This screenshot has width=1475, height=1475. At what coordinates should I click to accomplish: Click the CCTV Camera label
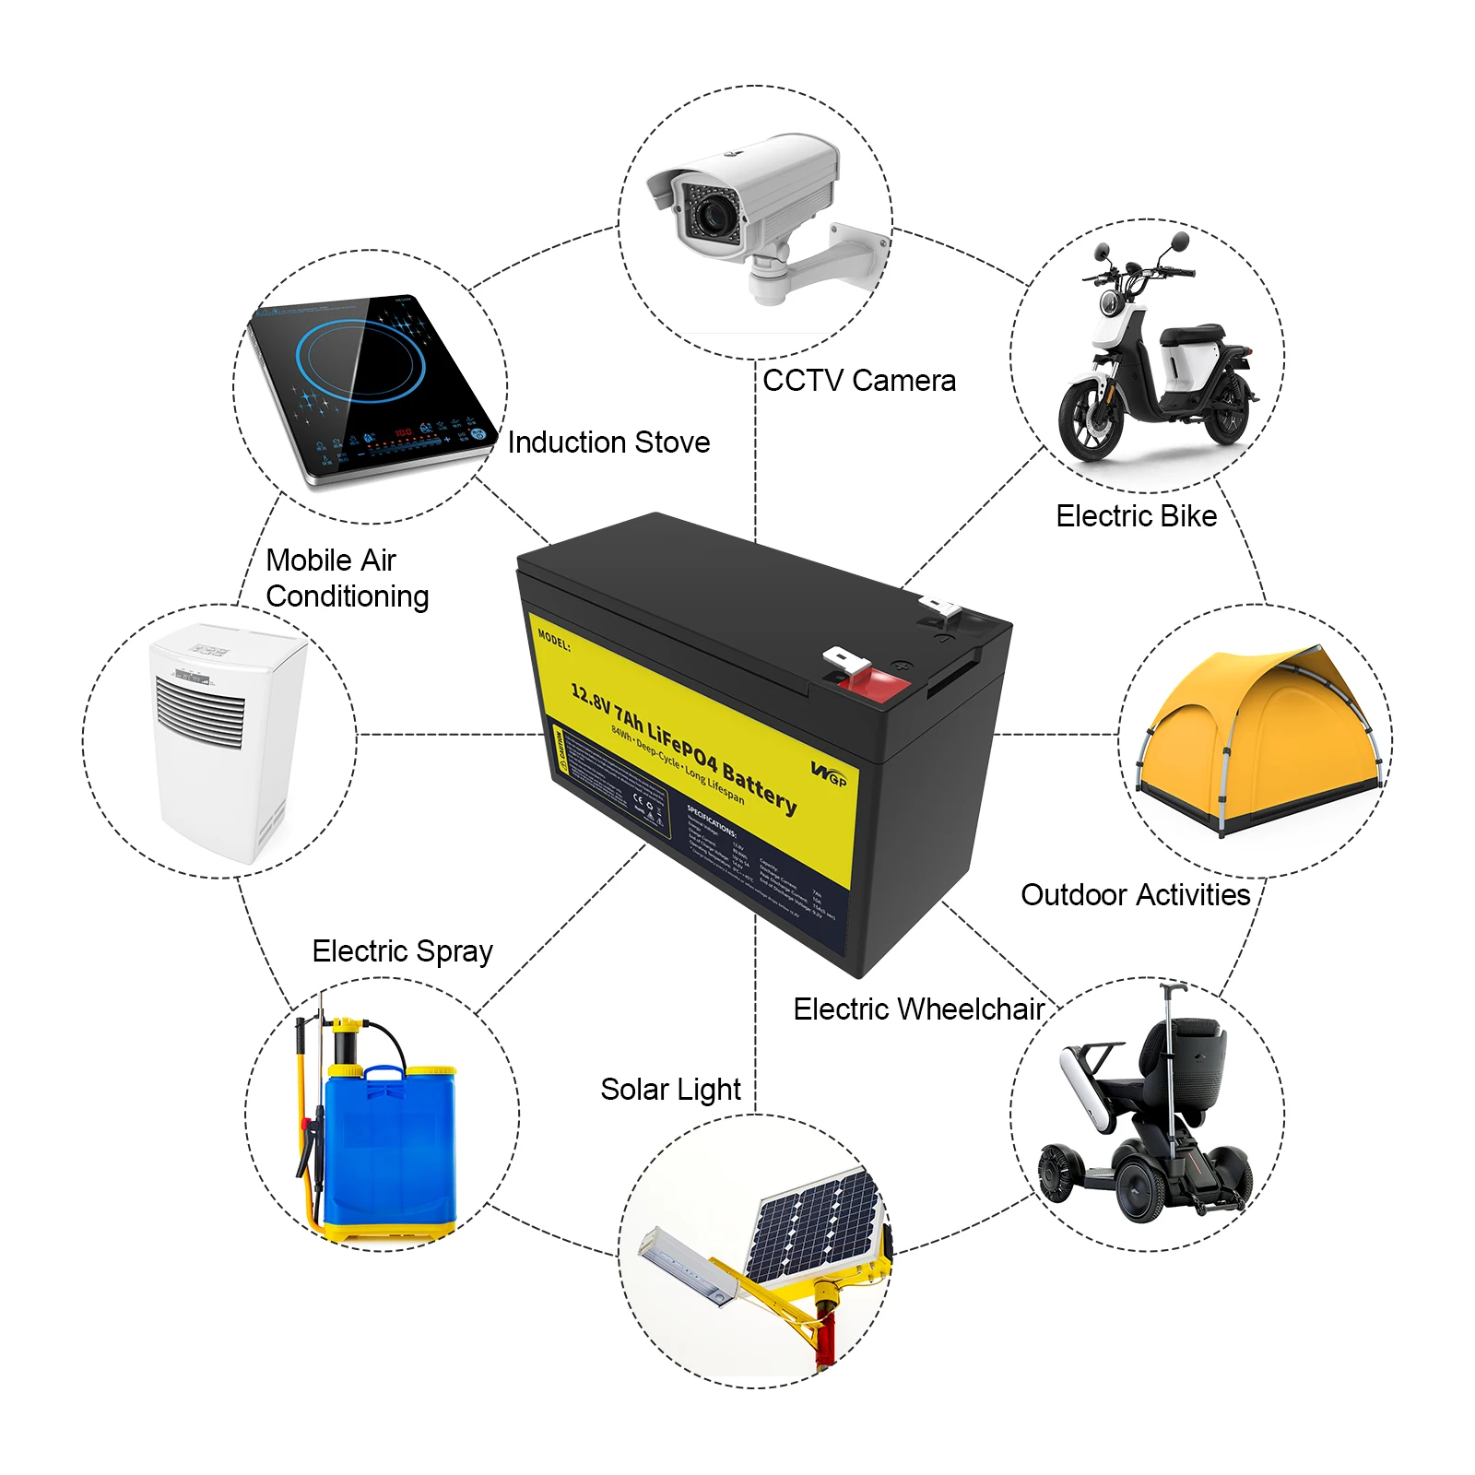coord(858,381)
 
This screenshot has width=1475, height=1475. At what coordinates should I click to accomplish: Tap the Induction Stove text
coord(608,442)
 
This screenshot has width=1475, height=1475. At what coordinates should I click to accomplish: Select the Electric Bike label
coord(1136,516)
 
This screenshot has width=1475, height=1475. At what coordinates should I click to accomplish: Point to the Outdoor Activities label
coord(1135,895)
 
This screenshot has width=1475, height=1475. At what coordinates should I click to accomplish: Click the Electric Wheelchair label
coord(918,1009)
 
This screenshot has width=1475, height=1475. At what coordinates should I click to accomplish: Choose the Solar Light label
coord(670,1090)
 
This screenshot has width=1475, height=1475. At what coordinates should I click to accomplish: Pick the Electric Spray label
coord(402,951)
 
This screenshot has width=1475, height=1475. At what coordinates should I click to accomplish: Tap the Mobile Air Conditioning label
coord(347,578)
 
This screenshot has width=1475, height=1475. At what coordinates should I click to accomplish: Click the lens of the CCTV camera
coord(712,216)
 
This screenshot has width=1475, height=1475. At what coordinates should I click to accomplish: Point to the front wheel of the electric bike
coord(1092,419)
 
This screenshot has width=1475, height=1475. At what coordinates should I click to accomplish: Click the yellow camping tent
coord(1259,737)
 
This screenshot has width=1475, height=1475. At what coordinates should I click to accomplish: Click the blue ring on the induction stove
coord(360,360)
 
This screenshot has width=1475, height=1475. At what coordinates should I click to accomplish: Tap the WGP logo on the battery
coord(829,773)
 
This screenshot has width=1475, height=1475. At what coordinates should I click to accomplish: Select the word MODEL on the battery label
coord(554,639)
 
